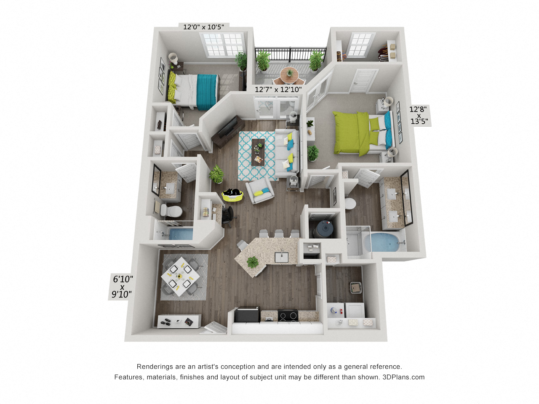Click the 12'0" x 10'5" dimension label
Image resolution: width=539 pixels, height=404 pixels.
[203, 27]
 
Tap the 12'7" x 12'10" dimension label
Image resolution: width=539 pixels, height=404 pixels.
[278, 90]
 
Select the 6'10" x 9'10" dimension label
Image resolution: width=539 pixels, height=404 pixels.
[122, 287]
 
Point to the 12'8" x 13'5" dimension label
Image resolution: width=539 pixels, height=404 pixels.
[419, 115]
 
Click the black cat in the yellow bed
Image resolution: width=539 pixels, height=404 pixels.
[232, 193]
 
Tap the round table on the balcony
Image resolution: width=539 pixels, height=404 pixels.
[289, 74]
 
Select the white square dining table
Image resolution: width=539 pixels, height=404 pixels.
[180, 276]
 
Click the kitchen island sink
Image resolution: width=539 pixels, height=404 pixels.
[281, 256]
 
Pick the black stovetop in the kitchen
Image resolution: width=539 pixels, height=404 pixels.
[288, 315]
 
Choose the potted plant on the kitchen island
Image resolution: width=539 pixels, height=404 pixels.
[253, 262]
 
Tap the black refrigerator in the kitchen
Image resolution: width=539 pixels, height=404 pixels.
[247, 315]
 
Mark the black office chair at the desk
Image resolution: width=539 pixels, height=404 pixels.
[228, 215]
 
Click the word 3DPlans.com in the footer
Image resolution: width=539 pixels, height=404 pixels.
[403, 377]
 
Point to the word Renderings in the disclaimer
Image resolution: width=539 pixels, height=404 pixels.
[154, 367]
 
